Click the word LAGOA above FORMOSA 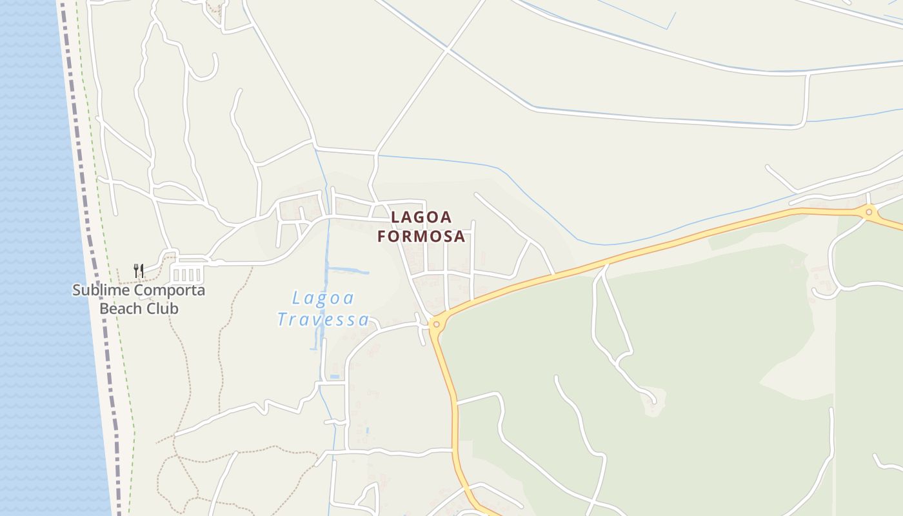[421, 217]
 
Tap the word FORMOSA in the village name [421, 237]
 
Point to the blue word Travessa [323, 319]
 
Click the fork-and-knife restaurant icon [138, 270]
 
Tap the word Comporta [171, 290]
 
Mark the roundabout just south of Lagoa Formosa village [437, 324]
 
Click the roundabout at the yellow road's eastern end [869, 212]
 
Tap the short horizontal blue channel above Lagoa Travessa [348, 271]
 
